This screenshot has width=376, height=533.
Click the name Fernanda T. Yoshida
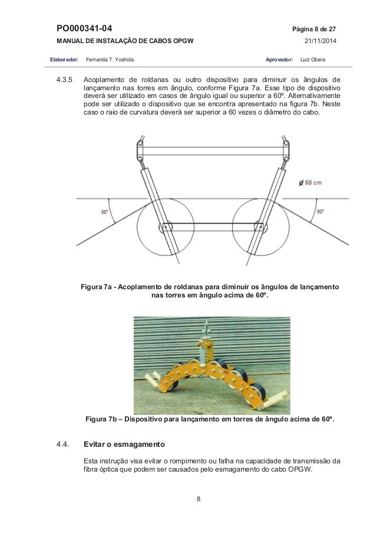pos(110,60)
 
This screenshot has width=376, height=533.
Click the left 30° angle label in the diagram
pos(104,211)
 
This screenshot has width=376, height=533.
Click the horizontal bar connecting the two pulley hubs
pos(212,227)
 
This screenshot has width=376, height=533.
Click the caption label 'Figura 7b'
pos(103,420)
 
